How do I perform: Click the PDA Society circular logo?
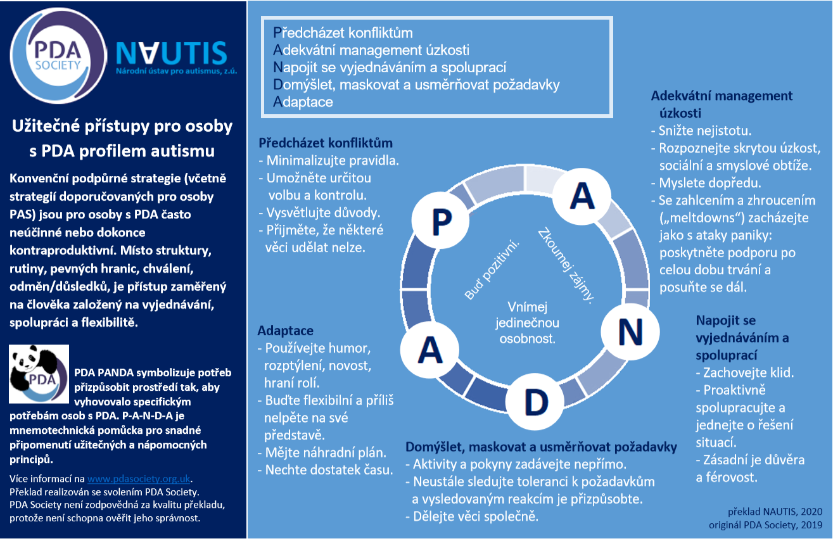[58, 56]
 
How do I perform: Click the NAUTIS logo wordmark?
[172, 53]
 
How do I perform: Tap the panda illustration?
[39, 374]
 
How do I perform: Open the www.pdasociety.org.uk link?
[139, 478]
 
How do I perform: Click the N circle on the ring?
[630, 332]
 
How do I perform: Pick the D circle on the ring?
[535, 402]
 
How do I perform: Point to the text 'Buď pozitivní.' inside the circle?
[492, 270]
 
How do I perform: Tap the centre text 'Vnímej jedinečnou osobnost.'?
[527, 322]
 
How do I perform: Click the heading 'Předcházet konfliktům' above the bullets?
[326, 143]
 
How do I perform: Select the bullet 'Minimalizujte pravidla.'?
[329, 161]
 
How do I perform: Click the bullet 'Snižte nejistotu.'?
[701, 130]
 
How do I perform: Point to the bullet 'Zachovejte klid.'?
[745, 372]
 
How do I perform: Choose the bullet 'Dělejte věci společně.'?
[472, 516]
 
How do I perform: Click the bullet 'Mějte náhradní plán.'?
[322, 452]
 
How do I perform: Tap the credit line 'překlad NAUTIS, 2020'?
[775, 512]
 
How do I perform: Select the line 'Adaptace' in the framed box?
[303, 102]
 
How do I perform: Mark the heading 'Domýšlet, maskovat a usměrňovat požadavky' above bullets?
[541, 447]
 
